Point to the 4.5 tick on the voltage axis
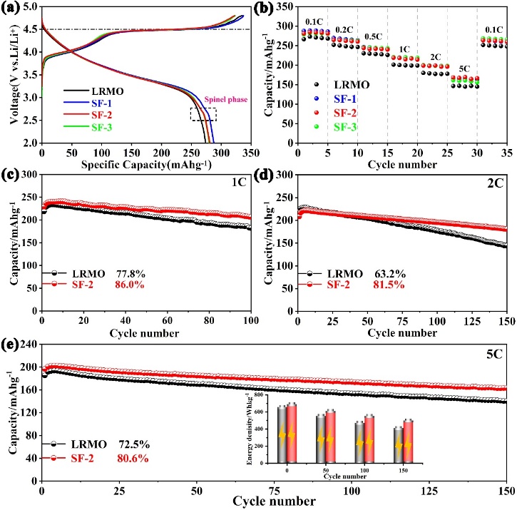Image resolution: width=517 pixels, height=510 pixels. (31, 29)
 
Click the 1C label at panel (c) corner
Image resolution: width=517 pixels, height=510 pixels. (238, 180)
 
